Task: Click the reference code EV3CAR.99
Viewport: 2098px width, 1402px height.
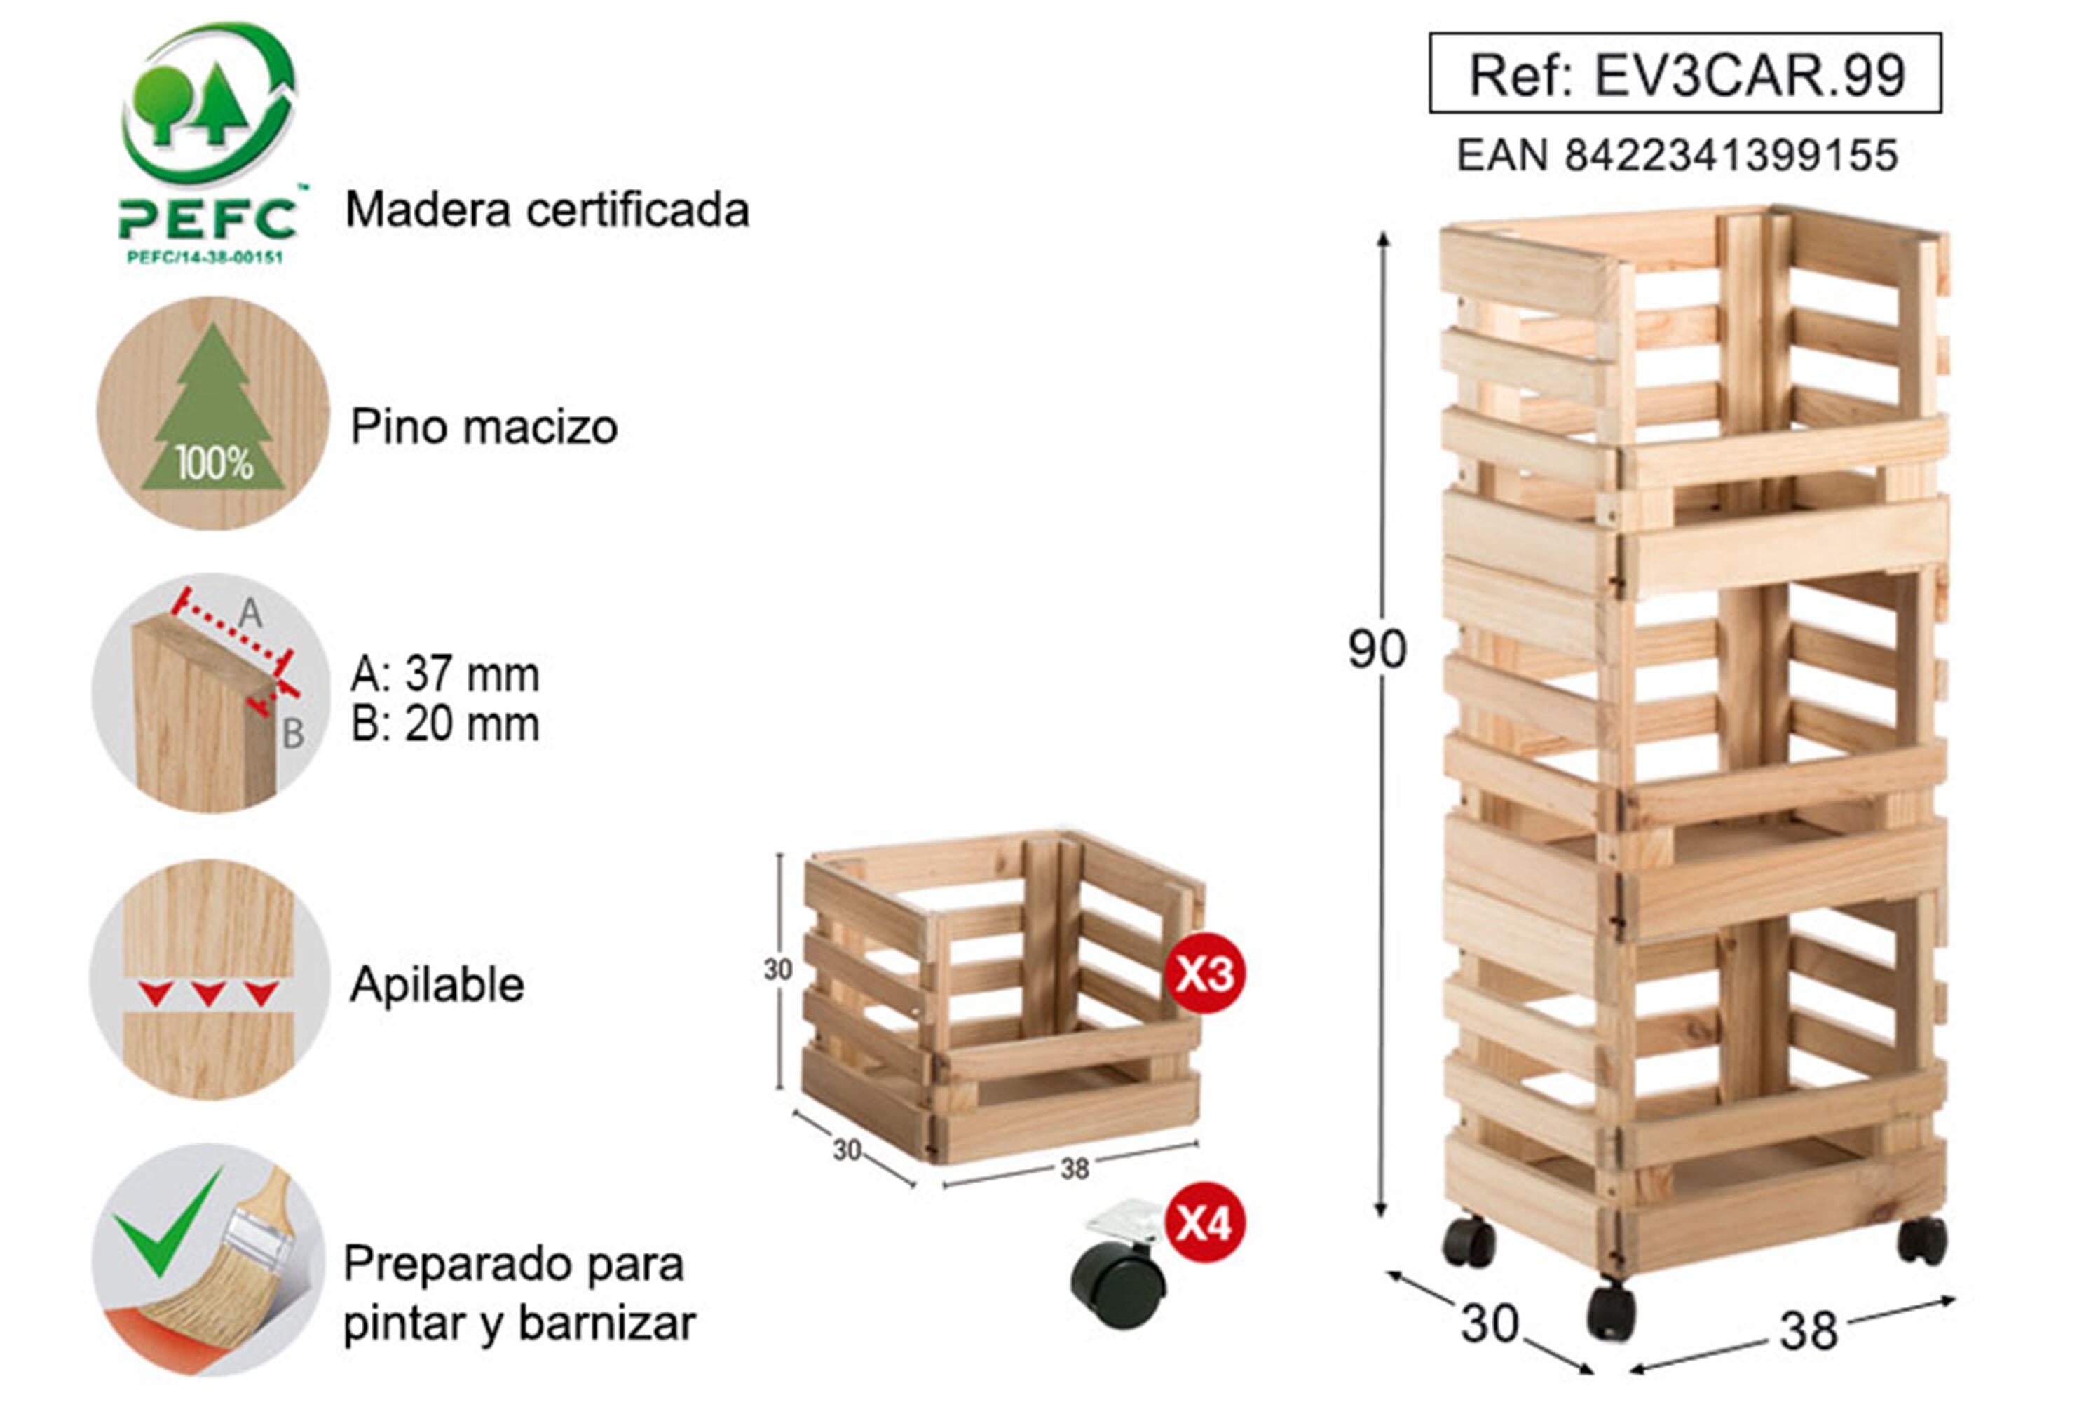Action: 1686,75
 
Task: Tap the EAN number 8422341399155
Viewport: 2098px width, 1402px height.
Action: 1677,156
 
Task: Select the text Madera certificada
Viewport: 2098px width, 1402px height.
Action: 547,210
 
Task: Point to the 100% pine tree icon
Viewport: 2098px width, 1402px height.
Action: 213,413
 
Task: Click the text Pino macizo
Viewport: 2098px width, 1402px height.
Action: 484,426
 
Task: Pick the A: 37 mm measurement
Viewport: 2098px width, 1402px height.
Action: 445,674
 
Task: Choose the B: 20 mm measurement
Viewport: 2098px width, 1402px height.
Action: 445,724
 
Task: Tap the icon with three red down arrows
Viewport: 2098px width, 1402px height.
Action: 209,980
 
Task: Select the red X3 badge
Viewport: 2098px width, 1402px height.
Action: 1204,974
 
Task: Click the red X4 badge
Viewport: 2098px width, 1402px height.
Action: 1204,1223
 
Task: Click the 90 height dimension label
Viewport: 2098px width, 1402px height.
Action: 1377,650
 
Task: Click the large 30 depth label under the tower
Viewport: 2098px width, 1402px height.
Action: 1490,1324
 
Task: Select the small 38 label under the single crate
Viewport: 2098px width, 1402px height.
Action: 1075,1169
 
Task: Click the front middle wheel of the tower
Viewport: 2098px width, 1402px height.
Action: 1611,1312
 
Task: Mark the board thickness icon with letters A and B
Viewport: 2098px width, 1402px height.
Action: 211,693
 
